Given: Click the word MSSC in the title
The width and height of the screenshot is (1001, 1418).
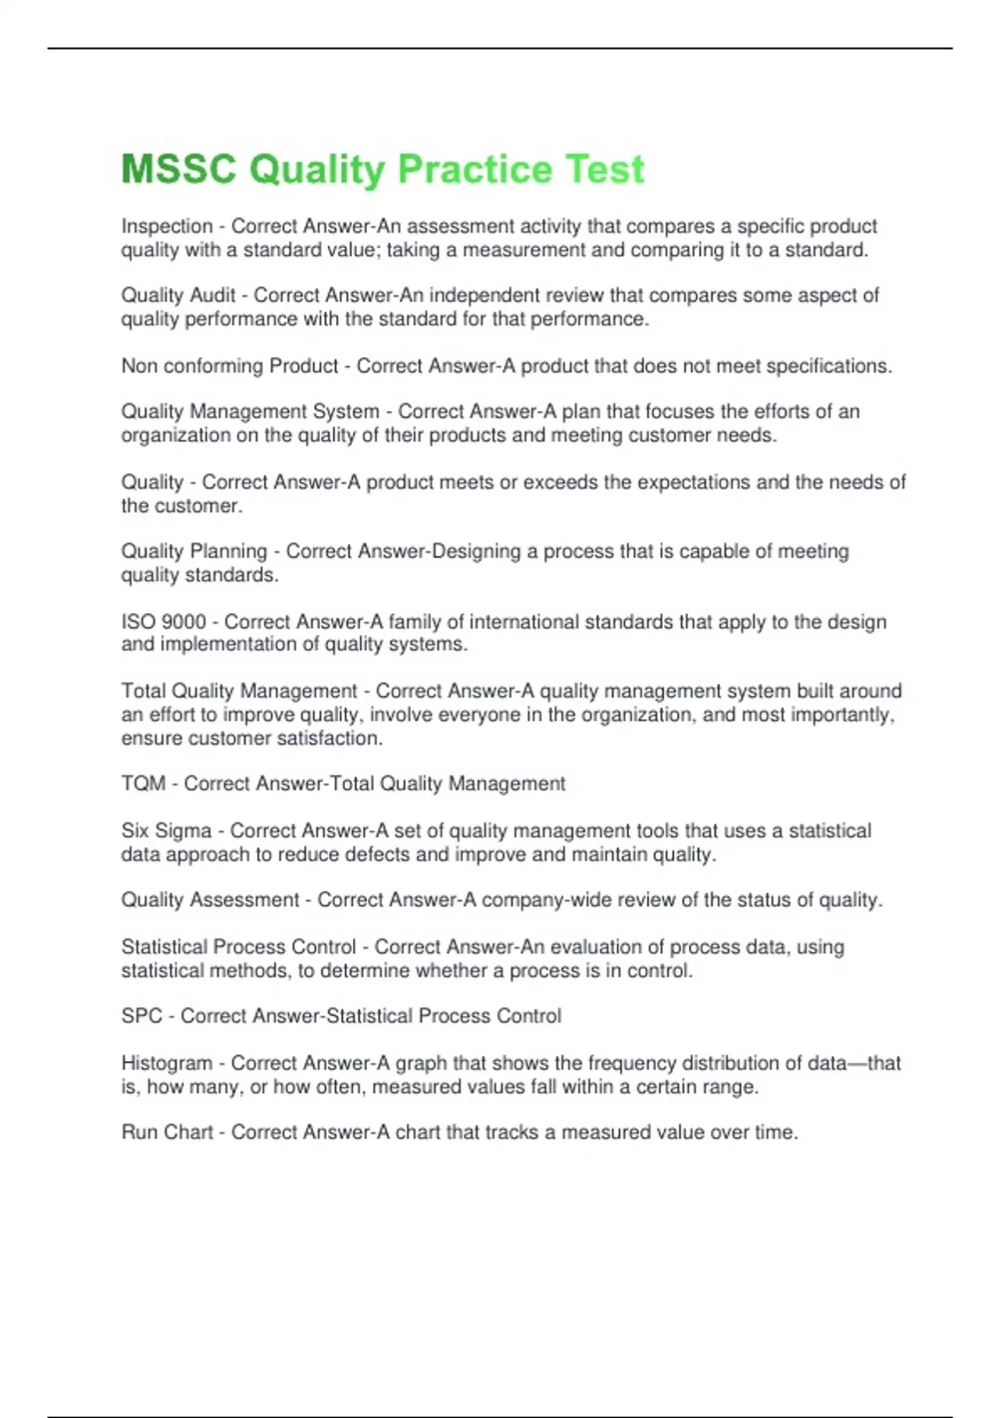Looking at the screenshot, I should click(179, 169).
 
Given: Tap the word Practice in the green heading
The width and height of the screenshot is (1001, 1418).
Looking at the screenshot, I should click(475, 169).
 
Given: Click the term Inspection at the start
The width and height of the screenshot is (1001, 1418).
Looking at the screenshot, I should click(167, 226).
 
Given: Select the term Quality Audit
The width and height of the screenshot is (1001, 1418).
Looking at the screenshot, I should click(178, 295).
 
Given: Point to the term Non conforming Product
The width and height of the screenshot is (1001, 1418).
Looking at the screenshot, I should click(229, 366).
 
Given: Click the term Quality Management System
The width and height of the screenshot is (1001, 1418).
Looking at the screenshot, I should click(249, 411).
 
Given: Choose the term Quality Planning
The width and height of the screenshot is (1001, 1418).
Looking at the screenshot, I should click(194, 551).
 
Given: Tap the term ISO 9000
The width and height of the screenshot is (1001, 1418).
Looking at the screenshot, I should click(163, 621).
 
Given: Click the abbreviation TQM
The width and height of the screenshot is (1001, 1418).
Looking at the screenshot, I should click(143, 784).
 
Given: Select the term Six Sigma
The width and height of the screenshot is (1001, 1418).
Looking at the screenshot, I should click(166, 831).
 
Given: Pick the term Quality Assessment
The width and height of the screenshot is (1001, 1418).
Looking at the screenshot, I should click(209, 900).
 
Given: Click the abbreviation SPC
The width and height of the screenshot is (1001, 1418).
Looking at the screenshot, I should click(141, 1016).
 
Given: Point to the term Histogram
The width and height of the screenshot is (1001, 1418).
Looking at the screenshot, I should click(167, 1063).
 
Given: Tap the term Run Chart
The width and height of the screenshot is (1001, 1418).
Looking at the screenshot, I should click(167, 1133).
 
